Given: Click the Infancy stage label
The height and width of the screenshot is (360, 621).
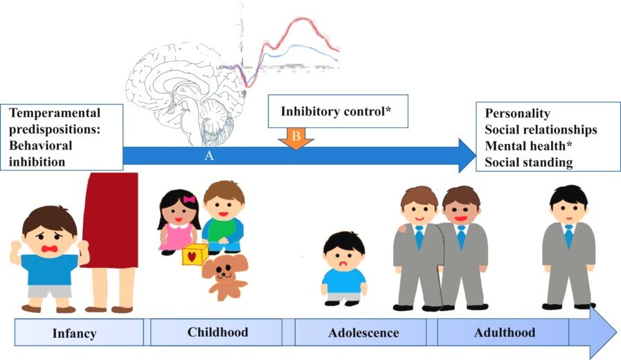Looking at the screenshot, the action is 75,333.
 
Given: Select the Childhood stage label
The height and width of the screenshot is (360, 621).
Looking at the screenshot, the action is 218,332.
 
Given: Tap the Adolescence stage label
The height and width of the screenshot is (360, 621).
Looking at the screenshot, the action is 363,333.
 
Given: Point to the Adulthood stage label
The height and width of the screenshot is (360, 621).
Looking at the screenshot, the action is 505,332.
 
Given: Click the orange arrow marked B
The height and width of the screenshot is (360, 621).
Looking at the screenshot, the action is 296,138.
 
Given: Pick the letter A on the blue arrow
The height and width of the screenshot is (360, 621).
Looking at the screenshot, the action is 209,156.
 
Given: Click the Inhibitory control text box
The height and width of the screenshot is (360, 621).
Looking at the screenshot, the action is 338,111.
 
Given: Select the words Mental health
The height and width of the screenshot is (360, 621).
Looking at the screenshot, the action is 525,146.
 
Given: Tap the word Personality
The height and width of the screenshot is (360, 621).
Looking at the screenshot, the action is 517,114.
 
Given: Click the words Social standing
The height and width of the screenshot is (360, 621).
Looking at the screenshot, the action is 529,163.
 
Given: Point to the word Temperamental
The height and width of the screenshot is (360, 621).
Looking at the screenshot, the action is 55,113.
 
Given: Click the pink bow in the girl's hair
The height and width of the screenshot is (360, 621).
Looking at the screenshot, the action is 189,199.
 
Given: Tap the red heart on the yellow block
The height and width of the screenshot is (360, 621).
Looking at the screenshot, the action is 192,257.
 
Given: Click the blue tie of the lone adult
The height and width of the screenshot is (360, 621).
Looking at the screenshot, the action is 568,236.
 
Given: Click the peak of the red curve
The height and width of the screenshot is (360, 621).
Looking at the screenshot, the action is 304,18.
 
